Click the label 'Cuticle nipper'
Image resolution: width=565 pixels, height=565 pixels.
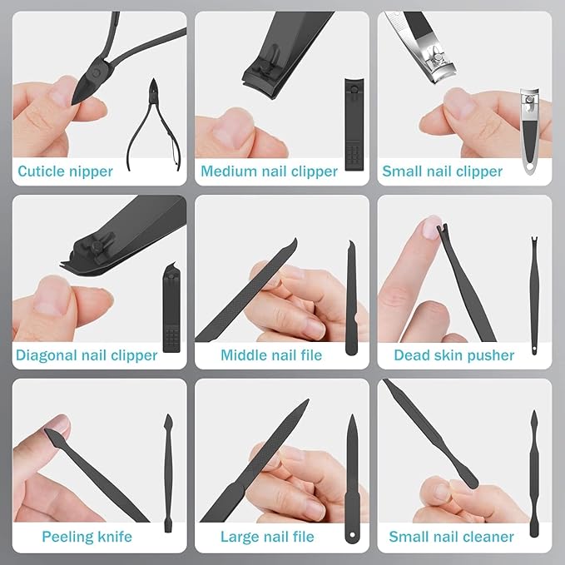pyautogui.click(x=65, y=172)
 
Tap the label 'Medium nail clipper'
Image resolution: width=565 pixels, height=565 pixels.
pyautogui.click(x=270, y=172)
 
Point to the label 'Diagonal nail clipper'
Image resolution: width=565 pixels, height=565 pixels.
pyautogui.click(x=87, y=355)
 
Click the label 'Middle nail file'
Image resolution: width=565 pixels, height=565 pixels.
pyautogui.click(x=269, y=355)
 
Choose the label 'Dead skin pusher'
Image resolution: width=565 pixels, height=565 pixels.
pyautogui.click(x=454, y=355)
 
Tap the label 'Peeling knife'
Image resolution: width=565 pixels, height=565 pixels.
pyautogui.click(x=87, y=537)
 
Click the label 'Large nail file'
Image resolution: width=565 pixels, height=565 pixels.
pyautogui.click(x=267, y=537)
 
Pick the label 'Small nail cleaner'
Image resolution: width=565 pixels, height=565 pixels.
pyautogui.click(x=452, y=537)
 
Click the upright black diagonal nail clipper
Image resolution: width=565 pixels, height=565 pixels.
pyautogui.click(x=172, y=312)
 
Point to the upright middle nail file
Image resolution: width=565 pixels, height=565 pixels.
pyautogui.click(x=351, y=300)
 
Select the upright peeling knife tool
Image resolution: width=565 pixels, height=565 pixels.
pyautogui.click(x=167, y=474)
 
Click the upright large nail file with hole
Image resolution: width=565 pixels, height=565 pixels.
pyautogui.click(x=351, y=478)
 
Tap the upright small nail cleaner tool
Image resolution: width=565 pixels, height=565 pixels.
pyautogui.click(x=533, y=474)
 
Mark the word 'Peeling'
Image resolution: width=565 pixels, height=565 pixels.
pyautogui.click(x=67, y=537)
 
